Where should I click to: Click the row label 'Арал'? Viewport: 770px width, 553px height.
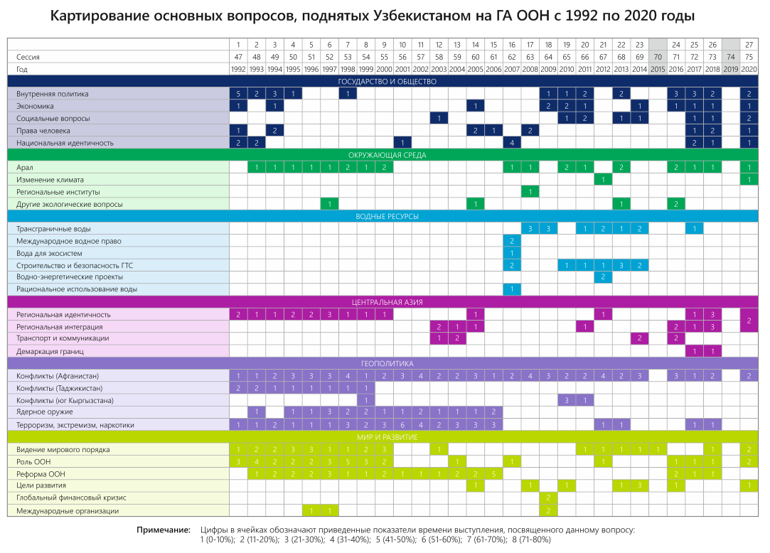pyautogui.click(x=25, y=167)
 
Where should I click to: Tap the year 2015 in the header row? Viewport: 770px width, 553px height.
pyautogui.click(x=658, y=69)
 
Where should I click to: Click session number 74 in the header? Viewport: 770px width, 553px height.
pyautogui.click(x=731, y=57)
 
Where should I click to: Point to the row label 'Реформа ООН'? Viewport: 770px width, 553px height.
pyautogui.click(x=42, y=473)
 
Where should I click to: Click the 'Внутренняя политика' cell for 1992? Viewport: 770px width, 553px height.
pyautogui.click(x=239, y=94)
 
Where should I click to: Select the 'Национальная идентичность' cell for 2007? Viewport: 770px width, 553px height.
pyautogui.click(x=512, y=143)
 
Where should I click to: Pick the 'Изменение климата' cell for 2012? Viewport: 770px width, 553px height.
pyautogui.click(x=603, y=180)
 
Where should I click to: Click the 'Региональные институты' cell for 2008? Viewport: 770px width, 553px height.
pyautogui.click(x=530, y=192)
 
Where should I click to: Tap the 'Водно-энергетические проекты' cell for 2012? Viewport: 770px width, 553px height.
pyautogui.click(x=603, y=277)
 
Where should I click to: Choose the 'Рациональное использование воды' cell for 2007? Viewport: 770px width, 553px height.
pyautogui.click(x=512, y=289)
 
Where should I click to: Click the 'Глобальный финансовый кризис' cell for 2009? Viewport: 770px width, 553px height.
pyautogui.click(x=549, y=498)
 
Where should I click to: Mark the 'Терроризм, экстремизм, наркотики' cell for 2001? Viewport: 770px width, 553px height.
pyautogui.click(x=402, y=425)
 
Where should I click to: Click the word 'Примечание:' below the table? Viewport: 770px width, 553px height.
pyautogui.click(x=163, y=530)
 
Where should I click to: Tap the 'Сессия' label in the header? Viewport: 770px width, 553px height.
pyautogui.click(x=29, y=57)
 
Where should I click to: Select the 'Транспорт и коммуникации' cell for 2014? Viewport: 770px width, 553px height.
pyautogui.click(x=639, y=338)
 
